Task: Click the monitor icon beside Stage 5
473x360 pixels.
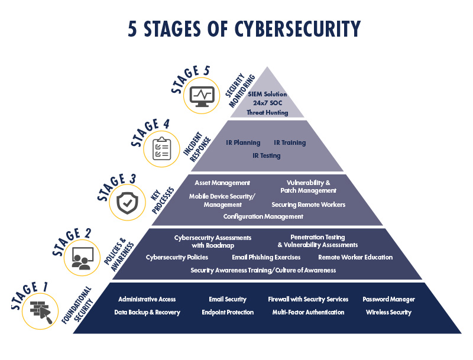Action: [x=202, y=96]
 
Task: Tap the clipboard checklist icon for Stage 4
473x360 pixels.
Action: [x=161, y=148]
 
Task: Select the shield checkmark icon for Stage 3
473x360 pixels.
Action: [x=127, y=203]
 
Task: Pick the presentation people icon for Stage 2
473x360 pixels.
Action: [x=82, y=258]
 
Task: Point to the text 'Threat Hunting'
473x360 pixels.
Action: [x=267, y=112]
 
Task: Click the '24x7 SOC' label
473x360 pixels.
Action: [x=268, y=103]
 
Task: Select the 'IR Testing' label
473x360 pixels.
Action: [x=267, y=155]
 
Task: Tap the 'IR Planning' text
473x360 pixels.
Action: [x=243, y=142]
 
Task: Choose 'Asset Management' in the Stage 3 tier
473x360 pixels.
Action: [x=222, y=183]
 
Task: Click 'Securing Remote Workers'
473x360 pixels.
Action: [x=308, y=205]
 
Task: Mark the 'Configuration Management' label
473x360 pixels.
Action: [x=263, y=216]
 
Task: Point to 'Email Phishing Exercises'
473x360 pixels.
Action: [x=266, y=257]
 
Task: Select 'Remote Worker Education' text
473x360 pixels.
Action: [x=355, y=257]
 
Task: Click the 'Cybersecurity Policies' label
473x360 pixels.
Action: [x=177, y=257]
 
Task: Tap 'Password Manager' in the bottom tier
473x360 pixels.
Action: [x=388, y=299]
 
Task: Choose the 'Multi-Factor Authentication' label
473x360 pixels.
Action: [x=308, y=312]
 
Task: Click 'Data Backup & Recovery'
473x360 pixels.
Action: [x=147, y=312]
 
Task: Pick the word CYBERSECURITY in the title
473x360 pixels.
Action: [x=297, y=29]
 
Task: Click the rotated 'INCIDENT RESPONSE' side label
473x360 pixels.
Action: [x=197, y=147]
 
